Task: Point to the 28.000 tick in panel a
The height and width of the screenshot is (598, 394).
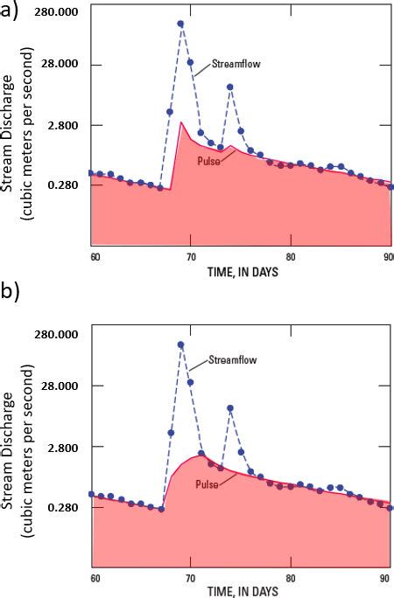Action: coord(58,66)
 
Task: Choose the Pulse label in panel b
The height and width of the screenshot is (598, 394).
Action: coord(207,483)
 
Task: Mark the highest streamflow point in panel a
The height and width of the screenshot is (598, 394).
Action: coord(180,24)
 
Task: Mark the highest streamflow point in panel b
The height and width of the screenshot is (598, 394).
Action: coord(180,345)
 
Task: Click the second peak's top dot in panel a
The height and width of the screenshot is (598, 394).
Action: coord(229,87)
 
